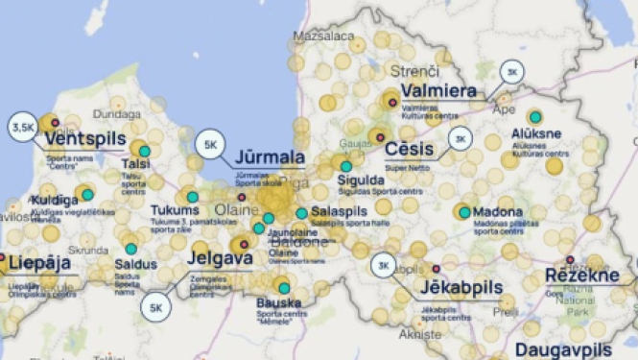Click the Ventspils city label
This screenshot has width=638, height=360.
click(x=84, y=139)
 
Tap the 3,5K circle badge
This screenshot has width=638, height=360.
click(x=22, y=126)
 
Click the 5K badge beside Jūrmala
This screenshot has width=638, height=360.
click(x=211, y=146)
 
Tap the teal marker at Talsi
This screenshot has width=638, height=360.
click(x=144, y=151)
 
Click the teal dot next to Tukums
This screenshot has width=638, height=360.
click(x=192, y=197)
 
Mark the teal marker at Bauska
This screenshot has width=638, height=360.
click(x=284, y=288)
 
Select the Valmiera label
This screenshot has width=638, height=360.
click(x=438, y=91)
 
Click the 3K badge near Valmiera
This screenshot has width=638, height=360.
click(x=512, y=72)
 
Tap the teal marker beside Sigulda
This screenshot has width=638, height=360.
click(x=345, y=166)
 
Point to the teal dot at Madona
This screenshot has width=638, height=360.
click(x=464, y=212)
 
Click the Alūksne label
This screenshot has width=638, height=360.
click(x=536, y=134)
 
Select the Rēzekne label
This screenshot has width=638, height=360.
click(x=581, y=276)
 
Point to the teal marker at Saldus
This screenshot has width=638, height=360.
click(x=130, y=249)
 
